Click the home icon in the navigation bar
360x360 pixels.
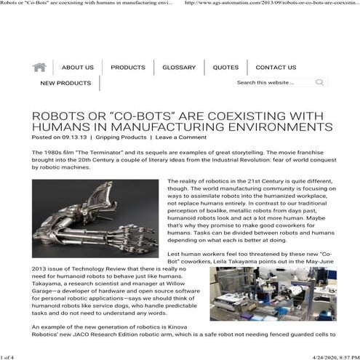[x=40, y=67]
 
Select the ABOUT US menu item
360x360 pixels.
[x=77, y=68]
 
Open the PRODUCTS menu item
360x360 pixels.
[x=128, y=68]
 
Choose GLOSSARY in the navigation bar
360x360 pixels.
[x=179, y=68]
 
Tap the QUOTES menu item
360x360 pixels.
[x=225, y=68]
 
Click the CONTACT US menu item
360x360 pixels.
[x=276, y=68]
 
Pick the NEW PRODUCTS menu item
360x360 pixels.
[x=65, y=84]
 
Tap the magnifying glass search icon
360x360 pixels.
[x=319, y=83]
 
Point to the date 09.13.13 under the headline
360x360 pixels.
[x=75, y=137]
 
